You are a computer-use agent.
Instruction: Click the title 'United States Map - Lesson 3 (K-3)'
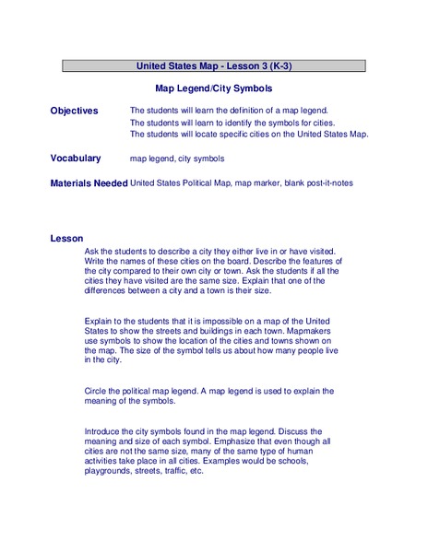214,66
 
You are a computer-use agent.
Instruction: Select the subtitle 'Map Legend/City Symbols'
214,89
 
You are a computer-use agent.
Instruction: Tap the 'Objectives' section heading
74,111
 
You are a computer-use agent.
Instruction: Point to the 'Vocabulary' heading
76,159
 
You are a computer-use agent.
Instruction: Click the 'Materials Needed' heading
89,182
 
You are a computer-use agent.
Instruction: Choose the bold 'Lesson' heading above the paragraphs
66,239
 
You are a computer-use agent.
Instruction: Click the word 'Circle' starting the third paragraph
97,391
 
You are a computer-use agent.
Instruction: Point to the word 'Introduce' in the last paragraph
104,430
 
